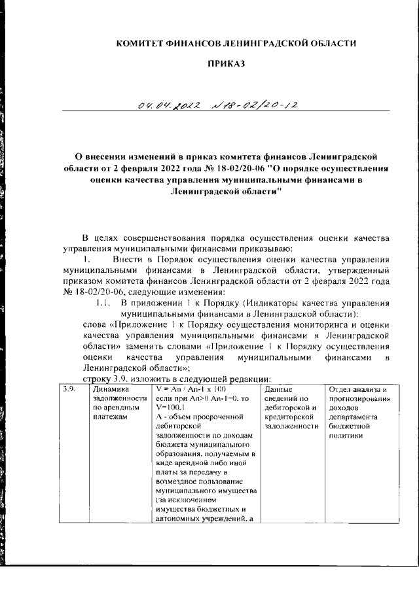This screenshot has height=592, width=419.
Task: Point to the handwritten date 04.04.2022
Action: [166, 105]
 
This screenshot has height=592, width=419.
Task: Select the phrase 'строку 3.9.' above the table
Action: [109, 378]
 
